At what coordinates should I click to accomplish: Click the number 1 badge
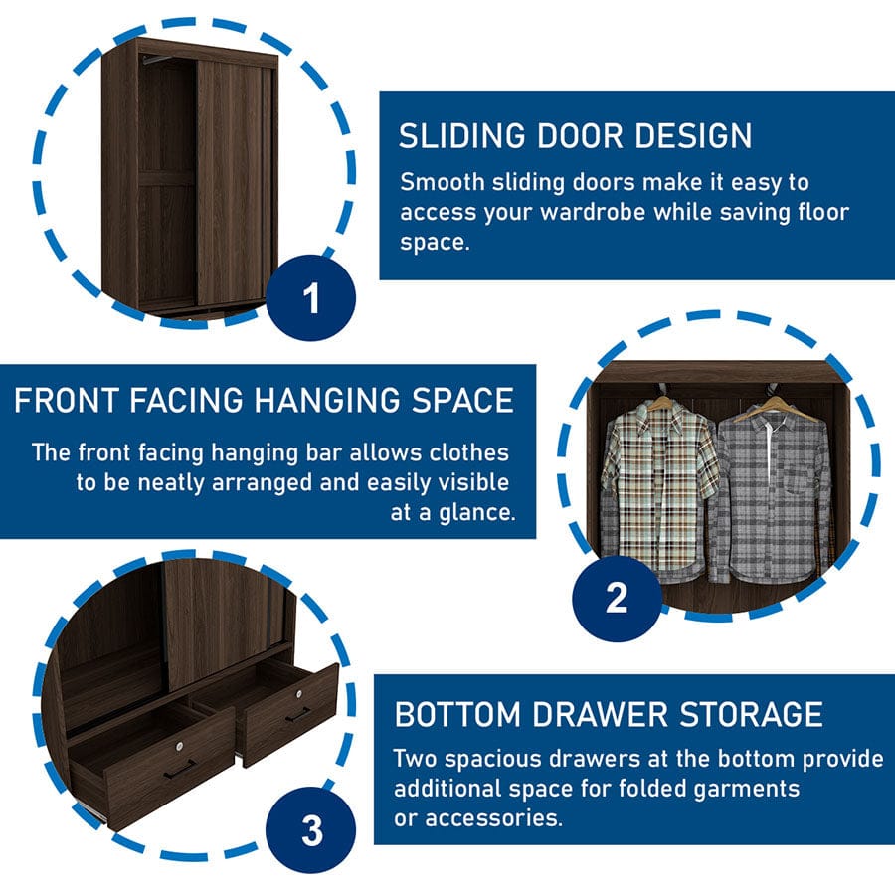311,297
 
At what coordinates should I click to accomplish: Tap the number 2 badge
617,599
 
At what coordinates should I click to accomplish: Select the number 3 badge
311,830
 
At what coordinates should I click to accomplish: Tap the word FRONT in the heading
67,400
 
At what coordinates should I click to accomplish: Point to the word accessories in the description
493,818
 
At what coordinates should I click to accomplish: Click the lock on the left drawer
180,746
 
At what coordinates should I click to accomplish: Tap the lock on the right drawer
298,693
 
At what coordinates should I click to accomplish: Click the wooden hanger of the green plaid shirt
661,400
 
